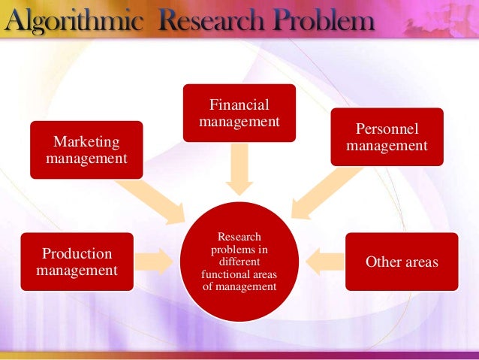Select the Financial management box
point(239,113)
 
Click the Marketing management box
point(86,150)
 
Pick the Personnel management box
point(387,136)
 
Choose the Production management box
point(77,262)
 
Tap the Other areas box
point(402,262)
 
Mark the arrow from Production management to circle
point(155,261)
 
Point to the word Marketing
point(86,142)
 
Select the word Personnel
point(387,129)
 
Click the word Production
point(77,254)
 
